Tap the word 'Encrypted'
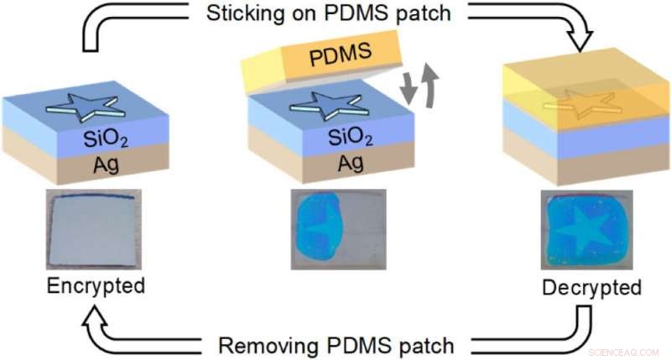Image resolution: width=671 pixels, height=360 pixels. point(94,285)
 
